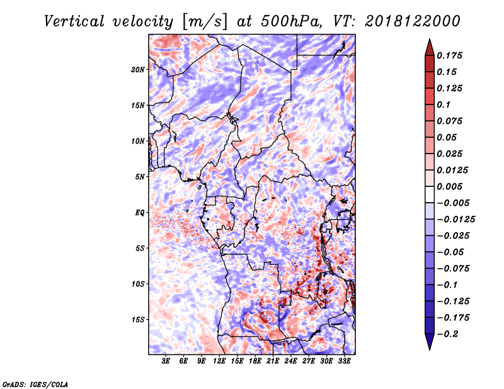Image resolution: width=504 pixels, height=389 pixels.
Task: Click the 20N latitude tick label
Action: pyautogui.click(x=138, y=70)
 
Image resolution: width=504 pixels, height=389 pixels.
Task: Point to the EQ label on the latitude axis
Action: pyautogui.click(x=140, y=213)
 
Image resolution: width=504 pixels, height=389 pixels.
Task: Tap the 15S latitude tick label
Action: pyautogui.click(x=138, y=320)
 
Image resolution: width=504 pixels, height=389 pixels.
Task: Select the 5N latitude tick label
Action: pyautogui.click(x=140, y=177)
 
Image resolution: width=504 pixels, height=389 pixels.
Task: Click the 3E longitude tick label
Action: pyautogui.click(x=166, y=361)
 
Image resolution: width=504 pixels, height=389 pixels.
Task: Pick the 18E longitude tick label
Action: pyautogui.click(x=255, y=361)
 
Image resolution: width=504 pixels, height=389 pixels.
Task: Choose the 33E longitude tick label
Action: pyautogui.click(x=344, y=361)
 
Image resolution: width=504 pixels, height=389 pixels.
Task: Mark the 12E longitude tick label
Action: pyautogui.click(x=219, y=361)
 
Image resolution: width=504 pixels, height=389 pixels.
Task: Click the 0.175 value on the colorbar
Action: pyautogui.click(x=449, y=55)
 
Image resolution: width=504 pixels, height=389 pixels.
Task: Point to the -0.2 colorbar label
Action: pyautogui.click(x=447, y=334)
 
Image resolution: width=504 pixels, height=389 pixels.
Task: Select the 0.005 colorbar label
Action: pyautogui.click(x=449, y=186)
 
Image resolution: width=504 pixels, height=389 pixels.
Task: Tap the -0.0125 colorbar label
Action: pyautogui.click(x=455, y=220)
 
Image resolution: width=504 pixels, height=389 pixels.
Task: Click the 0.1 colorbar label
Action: pyautogui.click(x=444, y=104)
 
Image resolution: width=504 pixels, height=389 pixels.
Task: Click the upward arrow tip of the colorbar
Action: pyautogui.click(x=430, y=39)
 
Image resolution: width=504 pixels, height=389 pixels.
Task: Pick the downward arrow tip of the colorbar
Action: pyautogui.click(x=430, y=350)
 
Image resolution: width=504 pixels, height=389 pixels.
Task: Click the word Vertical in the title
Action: pyautogui.click(x=74, y=21)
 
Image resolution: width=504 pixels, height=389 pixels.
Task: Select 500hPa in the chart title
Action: pyautogui.click(x=291, y=21)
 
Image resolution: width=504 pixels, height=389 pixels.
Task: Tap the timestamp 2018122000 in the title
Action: pyautogui.click(x=413, y=21)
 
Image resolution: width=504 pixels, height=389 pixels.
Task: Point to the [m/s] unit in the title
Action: pyautogui.click(x=205, y=22)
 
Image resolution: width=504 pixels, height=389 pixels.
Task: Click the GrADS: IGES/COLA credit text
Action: pyautogui.click(x=35, y=384)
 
